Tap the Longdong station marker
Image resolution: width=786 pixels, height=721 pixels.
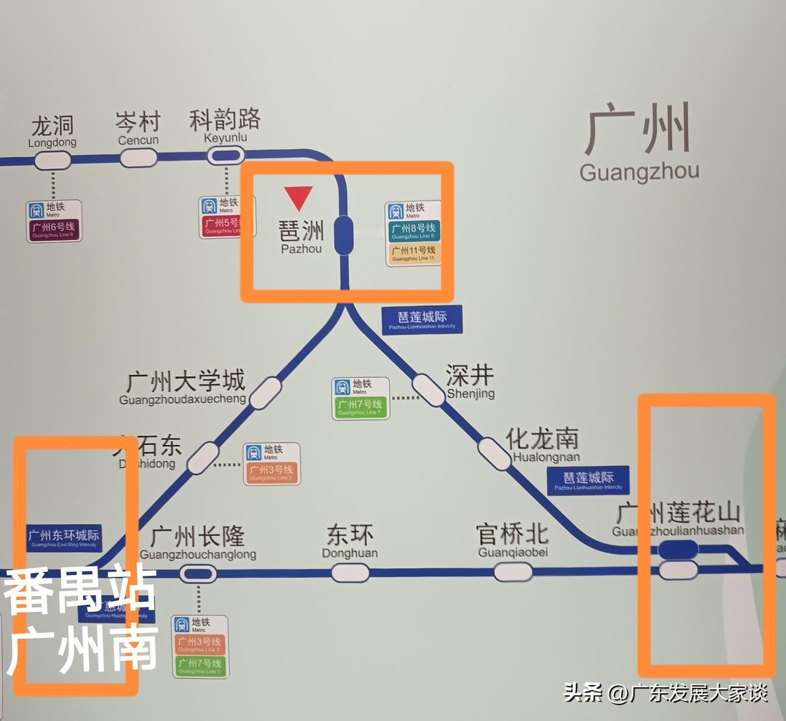[x=52, y=161]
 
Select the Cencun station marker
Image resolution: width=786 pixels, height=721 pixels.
[x=138, y=158]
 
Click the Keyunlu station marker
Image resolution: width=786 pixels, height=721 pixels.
[x=225, y=156]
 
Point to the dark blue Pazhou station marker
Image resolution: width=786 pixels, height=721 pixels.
[x=343, y=234]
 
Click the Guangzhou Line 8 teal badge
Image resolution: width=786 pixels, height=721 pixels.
[x=414, y=230]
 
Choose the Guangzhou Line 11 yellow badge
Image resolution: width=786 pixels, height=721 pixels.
[x=414, y=253]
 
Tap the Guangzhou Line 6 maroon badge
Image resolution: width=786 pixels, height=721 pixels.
[x=53, y=229]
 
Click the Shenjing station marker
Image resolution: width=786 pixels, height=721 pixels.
[x=428, y=389]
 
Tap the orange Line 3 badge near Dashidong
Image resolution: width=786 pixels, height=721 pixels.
[x=271, y=472]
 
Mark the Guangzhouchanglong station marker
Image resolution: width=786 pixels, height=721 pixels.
[x=198, y=574]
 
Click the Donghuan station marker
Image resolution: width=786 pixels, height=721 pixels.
[x=350, y=573]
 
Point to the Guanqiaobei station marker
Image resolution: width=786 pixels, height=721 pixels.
[x=513, y=573]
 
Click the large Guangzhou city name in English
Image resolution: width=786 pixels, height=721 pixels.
[x=639, y=172]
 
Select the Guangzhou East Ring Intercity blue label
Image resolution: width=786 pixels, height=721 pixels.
[x=63, y=538]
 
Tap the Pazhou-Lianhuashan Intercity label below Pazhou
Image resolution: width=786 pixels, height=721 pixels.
[x=422, y=320]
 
